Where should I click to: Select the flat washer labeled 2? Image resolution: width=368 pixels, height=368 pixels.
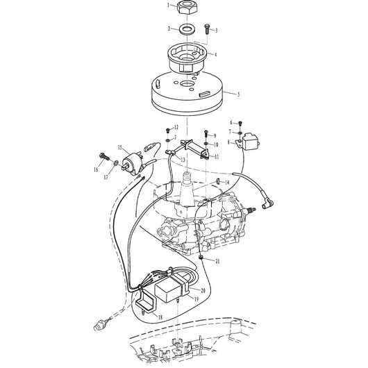(187, 29)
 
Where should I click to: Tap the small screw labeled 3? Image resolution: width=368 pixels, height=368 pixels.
(207, 28)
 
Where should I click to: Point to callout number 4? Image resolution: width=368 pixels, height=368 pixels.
(216, 55)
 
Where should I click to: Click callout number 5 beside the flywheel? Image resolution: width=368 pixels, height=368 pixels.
(239, 94)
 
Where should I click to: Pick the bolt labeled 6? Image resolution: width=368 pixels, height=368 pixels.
(240, 124)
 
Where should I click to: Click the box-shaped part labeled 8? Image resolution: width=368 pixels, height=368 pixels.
(251, 140)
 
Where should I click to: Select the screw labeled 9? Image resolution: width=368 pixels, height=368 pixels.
(206, 133)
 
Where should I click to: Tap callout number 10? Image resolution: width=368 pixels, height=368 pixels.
(216, 144)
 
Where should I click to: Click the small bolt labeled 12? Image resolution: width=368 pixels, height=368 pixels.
(168, 131)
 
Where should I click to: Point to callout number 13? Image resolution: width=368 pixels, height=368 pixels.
(183, 160)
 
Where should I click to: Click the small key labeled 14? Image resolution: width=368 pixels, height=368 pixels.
(217, 181)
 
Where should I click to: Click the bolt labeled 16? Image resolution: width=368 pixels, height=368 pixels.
(104, 156)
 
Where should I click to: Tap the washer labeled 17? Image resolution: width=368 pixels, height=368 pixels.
(116, 162)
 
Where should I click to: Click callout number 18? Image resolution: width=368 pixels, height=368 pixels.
(160, 317)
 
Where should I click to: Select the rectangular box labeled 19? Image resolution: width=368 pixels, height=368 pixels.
(169, 290)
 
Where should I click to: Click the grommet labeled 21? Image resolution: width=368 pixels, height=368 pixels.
(201, 257)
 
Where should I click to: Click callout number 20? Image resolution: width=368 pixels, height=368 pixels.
(203, 290)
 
